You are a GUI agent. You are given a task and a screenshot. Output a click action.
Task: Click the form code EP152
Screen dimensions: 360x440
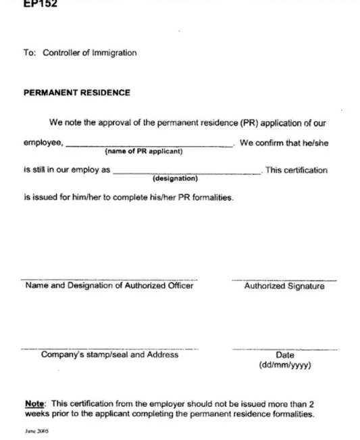(x=40, y=4)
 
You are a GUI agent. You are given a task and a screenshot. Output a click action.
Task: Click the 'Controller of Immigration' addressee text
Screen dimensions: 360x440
(x=90, y=53)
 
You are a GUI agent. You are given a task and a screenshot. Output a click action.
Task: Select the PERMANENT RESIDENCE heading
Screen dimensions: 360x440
(x=77, y=93)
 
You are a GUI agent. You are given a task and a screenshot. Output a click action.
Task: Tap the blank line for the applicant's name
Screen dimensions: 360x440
(x=149, y=145)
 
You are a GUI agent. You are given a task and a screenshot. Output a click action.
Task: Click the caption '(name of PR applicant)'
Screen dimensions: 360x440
(x=143, y=151)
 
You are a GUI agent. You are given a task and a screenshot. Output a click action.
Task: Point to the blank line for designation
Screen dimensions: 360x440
(x=187, y=173)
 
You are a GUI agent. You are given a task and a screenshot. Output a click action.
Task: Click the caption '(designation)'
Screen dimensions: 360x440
(x=175, y=179)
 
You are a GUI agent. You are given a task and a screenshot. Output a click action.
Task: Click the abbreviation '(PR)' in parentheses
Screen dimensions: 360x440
(x=240, y=123)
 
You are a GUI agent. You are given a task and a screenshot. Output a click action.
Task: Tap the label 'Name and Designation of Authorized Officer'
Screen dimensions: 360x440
(x=109, y=285)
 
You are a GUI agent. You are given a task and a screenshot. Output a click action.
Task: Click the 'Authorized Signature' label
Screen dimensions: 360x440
(x=284, y=286)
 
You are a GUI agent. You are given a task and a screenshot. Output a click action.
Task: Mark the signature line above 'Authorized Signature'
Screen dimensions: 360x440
(x=284, y=279)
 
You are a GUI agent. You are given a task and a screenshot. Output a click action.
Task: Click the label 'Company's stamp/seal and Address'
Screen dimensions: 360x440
(x=109, y=355)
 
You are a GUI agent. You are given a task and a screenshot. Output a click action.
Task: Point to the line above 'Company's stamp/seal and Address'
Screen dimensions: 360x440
(x=109, y=349)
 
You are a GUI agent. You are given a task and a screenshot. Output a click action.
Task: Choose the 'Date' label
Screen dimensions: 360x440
(x=284, y=356)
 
